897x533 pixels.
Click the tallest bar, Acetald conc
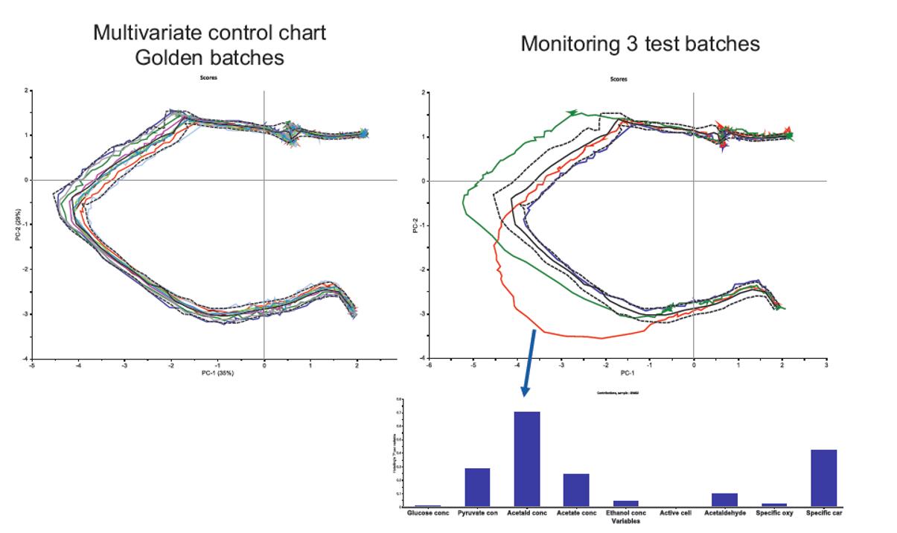click(x=527, y=459)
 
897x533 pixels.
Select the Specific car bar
click(x=824, y=478)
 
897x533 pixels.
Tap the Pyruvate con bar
click(x=477, y=487)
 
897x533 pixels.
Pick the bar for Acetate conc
click(x=576, y=490)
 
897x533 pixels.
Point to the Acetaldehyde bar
click(x=725, y=500)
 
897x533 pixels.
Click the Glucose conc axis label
click(x=428, y=514)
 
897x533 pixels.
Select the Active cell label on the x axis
click(x=675, y=514)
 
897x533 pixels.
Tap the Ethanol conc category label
click(x=625, y=514)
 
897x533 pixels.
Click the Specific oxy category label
click(x=774, y=514)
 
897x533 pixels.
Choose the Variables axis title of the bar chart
click(x=625, y=521)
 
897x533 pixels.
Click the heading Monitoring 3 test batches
click(x=640, y=44)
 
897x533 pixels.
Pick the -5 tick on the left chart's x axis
click(x=31, y=366)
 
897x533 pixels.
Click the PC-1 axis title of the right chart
click(x=627, y=374)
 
